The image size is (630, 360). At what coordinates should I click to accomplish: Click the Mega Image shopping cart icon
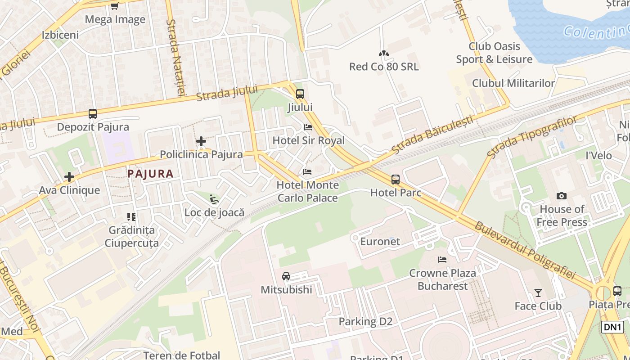click(114, 6)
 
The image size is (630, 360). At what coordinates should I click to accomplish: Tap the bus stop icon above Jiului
click(300, 94)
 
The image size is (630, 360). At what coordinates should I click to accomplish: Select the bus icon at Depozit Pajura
click(93, 114)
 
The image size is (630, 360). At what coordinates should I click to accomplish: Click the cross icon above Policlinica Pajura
click(201, 141)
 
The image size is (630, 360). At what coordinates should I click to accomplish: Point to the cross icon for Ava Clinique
click(69, 177)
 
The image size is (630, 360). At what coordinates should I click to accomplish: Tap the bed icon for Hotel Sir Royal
click(308, 127)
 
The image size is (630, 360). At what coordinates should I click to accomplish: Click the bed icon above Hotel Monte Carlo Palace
click(307, 172)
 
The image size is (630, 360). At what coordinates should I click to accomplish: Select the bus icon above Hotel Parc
click(395, 180)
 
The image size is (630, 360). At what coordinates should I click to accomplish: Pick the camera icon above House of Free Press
click(562, 196)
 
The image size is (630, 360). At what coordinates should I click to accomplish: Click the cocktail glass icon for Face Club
click(538, 293)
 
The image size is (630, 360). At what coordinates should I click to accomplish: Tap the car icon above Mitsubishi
click(286, 276)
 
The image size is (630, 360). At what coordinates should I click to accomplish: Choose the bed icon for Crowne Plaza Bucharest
click(442, 260)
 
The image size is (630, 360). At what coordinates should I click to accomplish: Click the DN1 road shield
click(612, 327)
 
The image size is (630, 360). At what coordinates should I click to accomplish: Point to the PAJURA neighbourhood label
click(150, 174)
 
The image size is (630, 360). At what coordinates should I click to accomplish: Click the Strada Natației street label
click(175, 57)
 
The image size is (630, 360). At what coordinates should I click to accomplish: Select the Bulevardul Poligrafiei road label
click(525, 250)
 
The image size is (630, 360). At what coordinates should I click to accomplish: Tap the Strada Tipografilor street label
click(532, 136)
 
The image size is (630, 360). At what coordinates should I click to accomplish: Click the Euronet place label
click(380, 241)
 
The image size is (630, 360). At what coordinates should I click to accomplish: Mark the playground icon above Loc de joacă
click(214, 199)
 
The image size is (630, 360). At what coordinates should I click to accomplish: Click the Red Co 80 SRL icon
click(383, 54)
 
